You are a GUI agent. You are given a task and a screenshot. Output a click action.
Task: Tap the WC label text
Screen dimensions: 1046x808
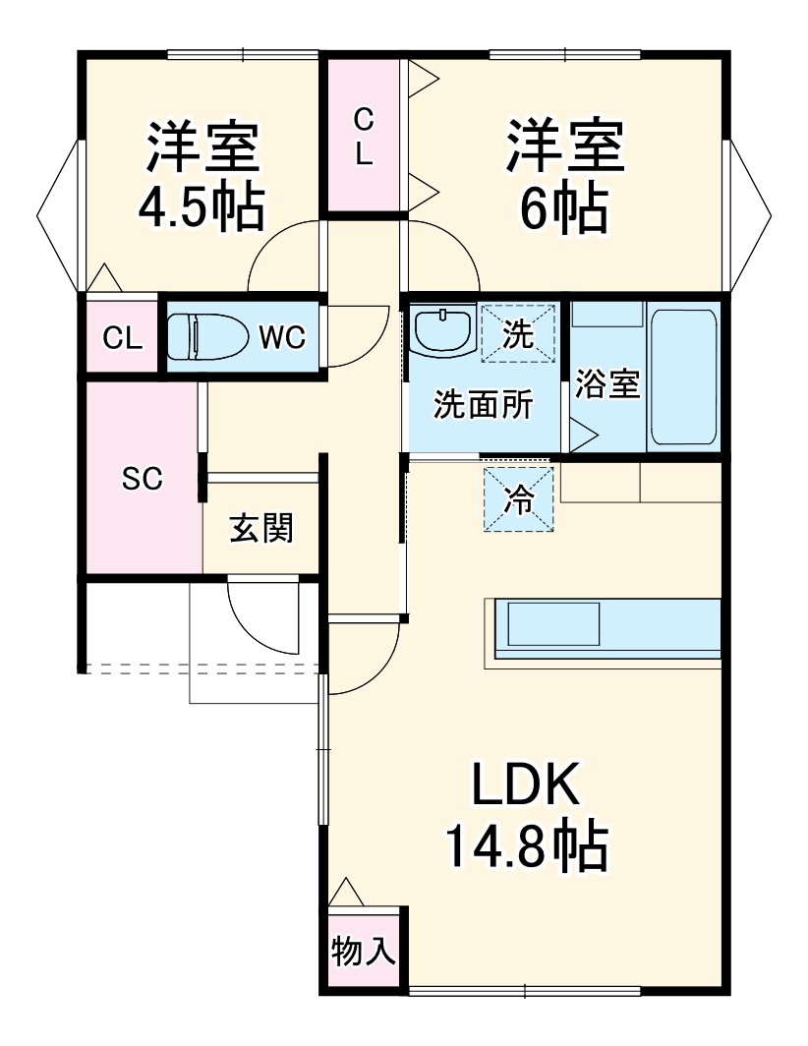(x=282, y=338)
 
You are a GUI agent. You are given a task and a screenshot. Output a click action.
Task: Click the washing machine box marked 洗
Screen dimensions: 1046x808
(x=518, y=333)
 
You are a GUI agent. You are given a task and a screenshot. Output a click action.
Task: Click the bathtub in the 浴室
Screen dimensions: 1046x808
(x=684, y=376)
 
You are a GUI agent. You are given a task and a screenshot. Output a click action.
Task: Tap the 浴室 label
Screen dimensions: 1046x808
(x=607, y=384)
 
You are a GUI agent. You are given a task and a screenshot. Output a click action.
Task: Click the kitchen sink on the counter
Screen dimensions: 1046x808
(x=551, y=623)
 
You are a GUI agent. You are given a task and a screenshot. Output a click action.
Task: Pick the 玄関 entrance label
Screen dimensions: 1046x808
(x=261, y=528)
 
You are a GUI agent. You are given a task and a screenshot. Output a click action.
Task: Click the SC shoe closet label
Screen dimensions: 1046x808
(x=142, y=479)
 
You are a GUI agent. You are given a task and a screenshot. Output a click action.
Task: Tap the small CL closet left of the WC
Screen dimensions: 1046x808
(x=123, y=338)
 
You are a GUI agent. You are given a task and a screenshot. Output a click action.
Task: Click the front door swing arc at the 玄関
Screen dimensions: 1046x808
(x=265, y=619)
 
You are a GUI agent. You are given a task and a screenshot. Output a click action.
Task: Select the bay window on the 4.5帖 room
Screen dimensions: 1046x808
(x=59, y=216)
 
